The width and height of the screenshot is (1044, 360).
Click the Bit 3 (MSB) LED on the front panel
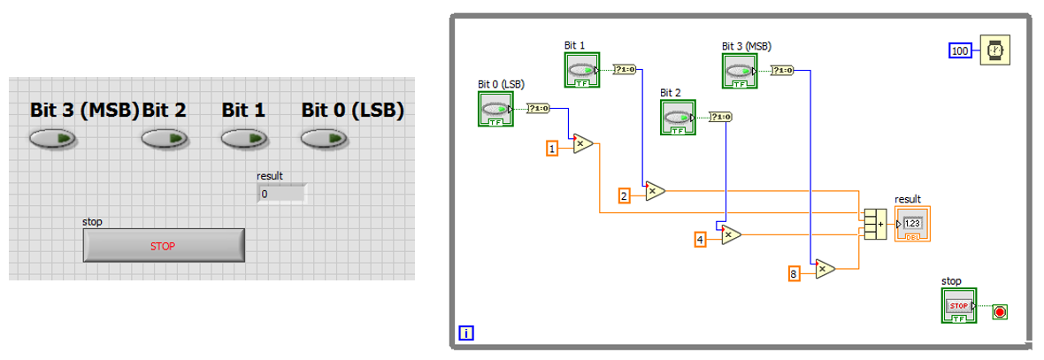[52, 138]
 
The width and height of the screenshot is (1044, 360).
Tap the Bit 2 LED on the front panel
[165, 138]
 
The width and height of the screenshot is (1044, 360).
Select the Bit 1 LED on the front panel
[244, 138]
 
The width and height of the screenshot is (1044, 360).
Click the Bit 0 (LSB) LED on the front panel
[324, 138]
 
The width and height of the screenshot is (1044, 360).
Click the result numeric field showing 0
[281, 194]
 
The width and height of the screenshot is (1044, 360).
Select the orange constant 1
[552, 149]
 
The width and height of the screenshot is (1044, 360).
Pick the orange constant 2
[624, 195]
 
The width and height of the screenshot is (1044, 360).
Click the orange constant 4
[701, 240]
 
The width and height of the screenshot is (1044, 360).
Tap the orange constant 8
[794, 272]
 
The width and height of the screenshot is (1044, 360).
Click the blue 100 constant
[960, 50]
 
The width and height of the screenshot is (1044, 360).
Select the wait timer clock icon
[994, 50]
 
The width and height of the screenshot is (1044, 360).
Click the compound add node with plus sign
[875, 225]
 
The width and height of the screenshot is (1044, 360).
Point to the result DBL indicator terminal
[912, 224]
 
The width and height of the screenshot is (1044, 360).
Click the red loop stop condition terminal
[1000, 311]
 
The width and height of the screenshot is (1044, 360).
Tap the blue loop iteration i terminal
[467, 333]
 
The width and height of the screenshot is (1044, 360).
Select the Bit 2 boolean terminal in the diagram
[678, 117]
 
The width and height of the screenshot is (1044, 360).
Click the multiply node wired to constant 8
[825, 269]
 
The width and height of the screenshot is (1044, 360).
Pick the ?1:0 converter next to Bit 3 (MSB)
[782, 71]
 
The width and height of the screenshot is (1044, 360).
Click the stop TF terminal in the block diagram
[959, 306]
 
